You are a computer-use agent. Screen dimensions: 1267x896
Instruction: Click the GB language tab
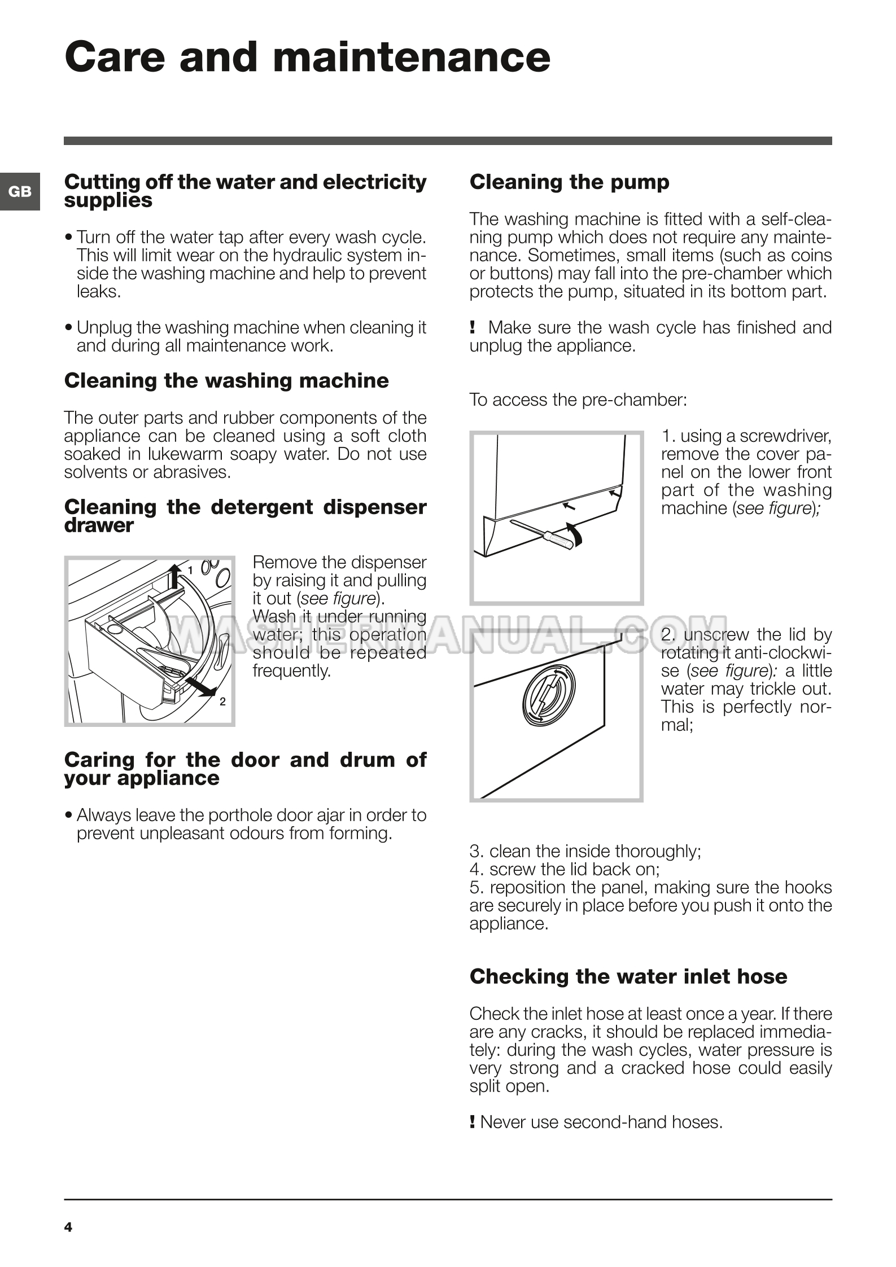(x=20, y=192)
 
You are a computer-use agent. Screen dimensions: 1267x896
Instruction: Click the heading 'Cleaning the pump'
(x=569, y=182)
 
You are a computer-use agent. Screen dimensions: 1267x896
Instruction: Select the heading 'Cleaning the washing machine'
(x=226, y=380)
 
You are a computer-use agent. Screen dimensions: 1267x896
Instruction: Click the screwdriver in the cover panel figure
(x=545, y=532)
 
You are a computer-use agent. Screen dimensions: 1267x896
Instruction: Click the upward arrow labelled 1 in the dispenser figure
(x=176, y=576)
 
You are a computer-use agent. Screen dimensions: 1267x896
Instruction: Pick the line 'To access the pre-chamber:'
(x=578, y=400)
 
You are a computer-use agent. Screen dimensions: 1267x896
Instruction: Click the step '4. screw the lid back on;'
(x=565, y=869)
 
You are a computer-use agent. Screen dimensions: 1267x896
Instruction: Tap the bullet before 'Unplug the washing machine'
(x=68, y=328)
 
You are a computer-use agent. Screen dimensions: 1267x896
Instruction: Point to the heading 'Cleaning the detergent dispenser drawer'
(x=245, y=516)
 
